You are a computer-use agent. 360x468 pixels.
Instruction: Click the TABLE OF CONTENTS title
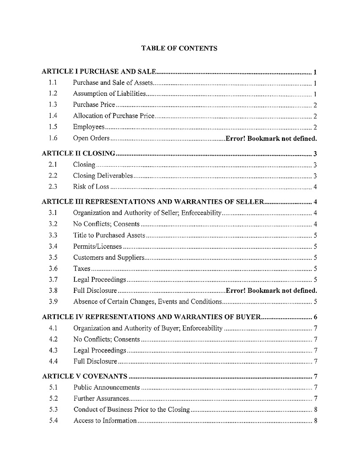[x=179, y=48]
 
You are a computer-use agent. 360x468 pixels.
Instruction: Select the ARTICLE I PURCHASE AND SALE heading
[x=99, y=72]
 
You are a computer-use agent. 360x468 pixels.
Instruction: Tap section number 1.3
[x=53, y=105]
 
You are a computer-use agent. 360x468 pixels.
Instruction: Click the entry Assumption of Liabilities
[x=110, y=94]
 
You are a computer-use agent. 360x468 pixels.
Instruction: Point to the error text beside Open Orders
[x=271, y=138]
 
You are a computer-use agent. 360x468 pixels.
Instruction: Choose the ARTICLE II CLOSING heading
[x=79, y=154]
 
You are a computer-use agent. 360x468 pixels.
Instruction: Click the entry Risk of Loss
[x=91, y=187]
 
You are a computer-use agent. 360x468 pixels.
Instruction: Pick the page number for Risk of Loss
[x=315, y=187]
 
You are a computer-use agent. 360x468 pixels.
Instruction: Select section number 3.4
[x=53, y=246]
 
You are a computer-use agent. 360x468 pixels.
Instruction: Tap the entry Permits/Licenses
[x=97, y=246]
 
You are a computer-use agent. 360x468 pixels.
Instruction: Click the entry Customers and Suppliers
[x=108, y=257]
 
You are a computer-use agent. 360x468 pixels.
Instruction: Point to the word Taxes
[x=82, y=268]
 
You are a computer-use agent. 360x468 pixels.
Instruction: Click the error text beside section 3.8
[x=272, y=291]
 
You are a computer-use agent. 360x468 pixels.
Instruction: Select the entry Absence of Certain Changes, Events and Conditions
[x=147, y=302]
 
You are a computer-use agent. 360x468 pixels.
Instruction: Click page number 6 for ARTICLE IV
[x=315, y=317]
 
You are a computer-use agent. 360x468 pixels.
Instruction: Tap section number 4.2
[x=52, y=340]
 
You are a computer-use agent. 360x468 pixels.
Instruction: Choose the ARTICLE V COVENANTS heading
[x=85, y=377]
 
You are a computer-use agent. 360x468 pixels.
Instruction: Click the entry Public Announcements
[x=107, y=387]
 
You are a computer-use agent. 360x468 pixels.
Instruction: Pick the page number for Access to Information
[x=315, y=421]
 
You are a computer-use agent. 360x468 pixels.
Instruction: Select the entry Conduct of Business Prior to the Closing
[x=132, y=410]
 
